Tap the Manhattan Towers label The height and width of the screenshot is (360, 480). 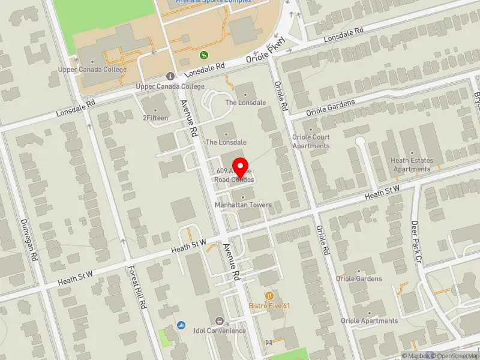click(243, 205)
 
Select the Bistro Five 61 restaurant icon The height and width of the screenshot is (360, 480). click(270, 296)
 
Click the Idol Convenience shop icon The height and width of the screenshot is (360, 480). click(218, 321)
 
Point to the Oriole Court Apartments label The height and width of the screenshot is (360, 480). click(311, 142)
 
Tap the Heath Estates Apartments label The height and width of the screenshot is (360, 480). click(412, 164)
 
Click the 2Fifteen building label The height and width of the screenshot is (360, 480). click(155, 118)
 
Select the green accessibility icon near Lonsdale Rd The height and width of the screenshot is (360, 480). click(204, 55)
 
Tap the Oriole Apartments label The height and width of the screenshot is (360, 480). click(369, 321)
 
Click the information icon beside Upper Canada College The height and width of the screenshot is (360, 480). click(170, 76)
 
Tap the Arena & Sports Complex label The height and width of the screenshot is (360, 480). click(214, 2)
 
